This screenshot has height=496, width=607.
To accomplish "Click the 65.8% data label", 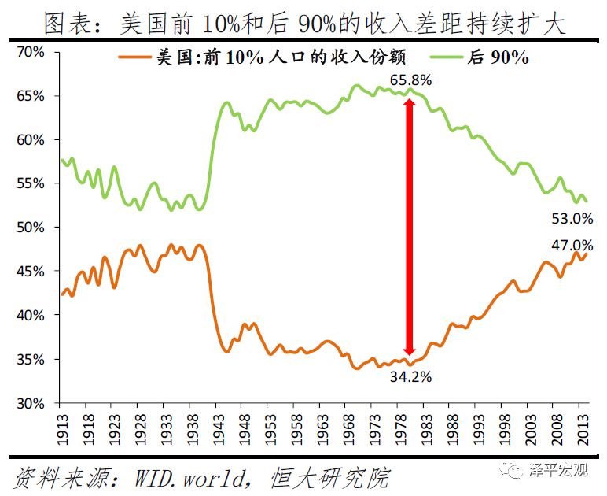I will tap(407, 80).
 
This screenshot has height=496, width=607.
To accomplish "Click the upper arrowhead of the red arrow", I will tap(409, 106).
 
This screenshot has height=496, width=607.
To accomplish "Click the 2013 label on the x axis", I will tap(583, 426).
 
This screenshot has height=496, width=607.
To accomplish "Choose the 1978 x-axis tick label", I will tap(399, 426).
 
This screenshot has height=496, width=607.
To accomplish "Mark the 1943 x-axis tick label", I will tap(217, 426).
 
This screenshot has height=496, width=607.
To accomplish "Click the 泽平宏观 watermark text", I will tap(560, 471).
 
